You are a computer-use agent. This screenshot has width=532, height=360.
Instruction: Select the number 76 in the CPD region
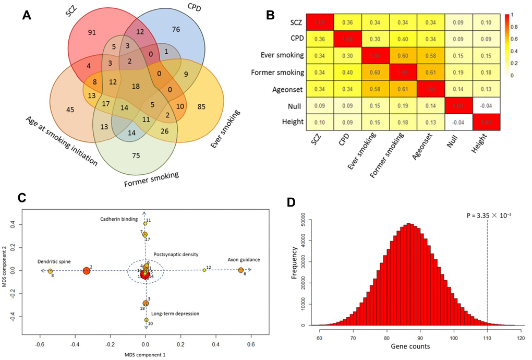tap(176, 30)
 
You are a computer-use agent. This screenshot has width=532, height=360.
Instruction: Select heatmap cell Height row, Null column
tap(461, 124)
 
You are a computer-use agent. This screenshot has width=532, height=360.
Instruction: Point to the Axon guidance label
tap(244, 260)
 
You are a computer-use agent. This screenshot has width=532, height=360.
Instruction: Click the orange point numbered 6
tap(240, 270)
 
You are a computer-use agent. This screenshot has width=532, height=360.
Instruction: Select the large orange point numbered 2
tap(86, 271)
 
